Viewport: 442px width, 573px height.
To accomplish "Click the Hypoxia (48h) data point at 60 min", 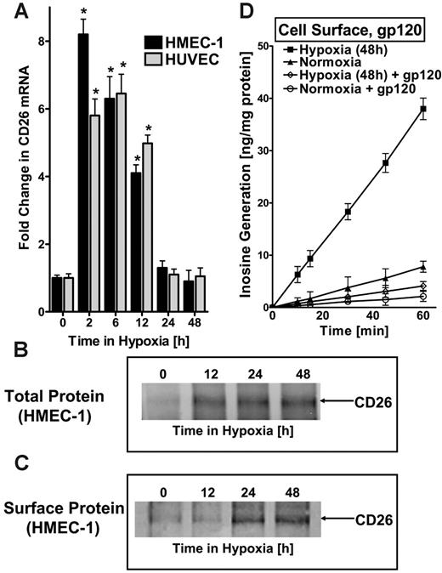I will click(422, 109).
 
